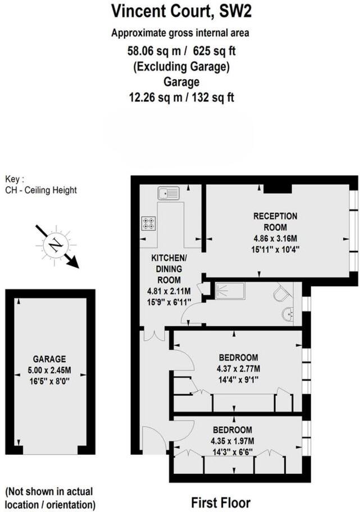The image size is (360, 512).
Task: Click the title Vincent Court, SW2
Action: [180, 11]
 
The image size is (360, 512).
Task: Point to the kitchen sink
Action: [168, 194]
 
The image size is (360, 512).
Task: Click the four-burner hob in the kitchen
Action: [149, 223]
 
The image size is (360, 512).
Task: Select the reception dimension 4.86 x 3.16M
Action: [275, 238]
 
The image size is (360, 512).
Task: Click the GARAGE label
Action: [49, 359]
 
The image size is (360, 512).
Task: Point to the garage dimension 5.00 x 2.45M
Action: [49, 370]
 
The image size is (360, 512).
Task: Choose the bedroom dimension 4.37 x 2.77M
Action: [239, 369]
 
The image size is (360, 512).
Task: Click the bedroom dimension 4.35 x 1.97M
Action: [239, 441]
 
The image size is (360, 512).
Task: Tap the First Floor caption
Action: [221, 502]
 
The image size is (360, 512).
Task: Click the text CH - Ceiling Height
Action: [40, 190]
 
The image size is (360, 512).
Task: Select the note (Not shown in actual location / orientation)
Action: [49, 497]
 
